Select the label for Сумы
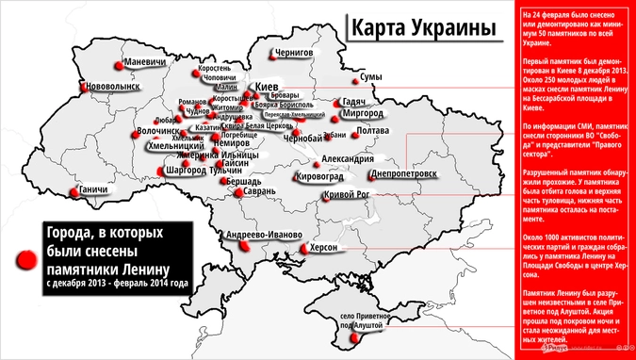pyautogui.click(x=371, y=76)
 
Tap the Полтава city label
pyautogui.click(x=374, y=130)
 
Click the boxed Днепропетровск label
pyautogui.click(x=404, y=174)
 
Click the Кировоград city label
pyautogui.click(x=318, y=176)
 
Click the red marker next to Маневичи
pyautogui.click(x=118, y=65)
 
